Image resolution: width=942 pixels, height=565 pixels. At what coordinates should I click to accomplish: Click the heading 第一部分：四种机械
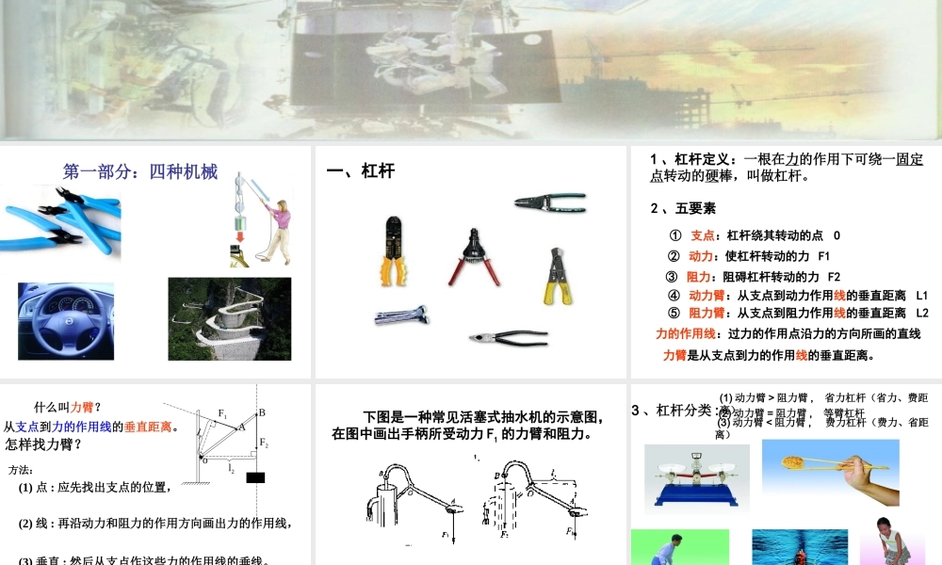click(140, 172)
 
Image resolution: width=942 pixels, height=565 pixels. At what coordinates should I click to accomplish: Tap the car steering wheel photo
click(65, 321)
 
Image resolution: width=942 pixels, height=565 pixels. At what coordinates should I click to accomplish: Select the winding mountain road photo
click(229, 319)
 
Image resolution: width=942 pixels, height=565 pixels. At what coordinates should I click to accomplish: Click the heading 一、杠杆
click(360, 171)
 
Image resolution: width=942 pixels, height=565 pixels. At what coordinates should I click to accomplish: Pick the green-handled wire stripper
click(550, 201)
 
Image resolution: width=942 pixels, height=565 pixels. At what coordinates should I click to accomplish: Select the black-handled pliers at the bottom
click(508, 337)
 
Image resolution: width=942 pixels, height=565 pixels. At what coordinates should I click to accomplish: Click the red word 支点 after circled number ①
click(703, 235)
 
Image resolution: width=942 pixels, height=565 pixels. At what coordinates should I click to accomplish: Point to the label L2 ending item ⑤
click(921, 314)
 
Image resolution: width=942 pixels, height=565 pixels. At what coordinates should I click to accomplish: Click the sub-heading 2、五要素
click(683, 208)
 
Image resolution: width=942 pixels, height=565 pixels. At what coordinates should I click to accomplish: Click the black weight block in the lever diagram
click(255, 476)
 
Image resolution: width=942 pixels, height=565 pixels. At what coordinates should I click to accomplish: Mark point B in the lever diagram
click(262, 412)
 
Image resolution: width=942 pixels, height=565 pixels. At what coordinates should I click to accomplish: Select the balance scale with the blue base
click(696, 480)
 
